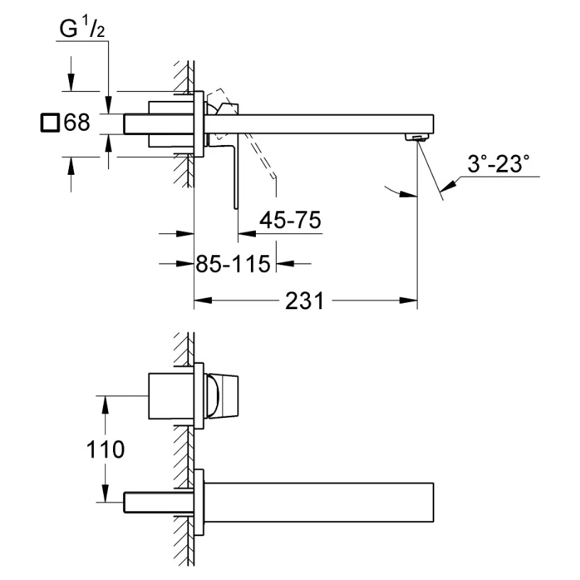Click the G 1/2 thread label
point(82,28)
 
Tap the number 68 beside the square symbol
point(77,122)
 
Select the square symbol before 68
point(50,123)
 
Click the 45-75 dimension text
point(290,220)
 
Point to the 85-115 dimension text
point(233,264)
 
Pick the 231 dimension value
point(304,301)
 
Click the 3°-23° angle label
point(498,163)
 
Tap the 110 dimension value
point(105,449)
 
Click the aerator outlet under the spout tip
point(417,138)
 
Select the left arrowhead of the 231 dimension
point(203,301)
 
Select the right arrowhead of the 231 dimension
point(409,301)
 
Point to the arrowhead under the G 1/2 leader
point(108,104)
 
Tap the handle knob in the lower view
point(222,397)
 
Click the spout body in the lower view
point(319,503)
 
